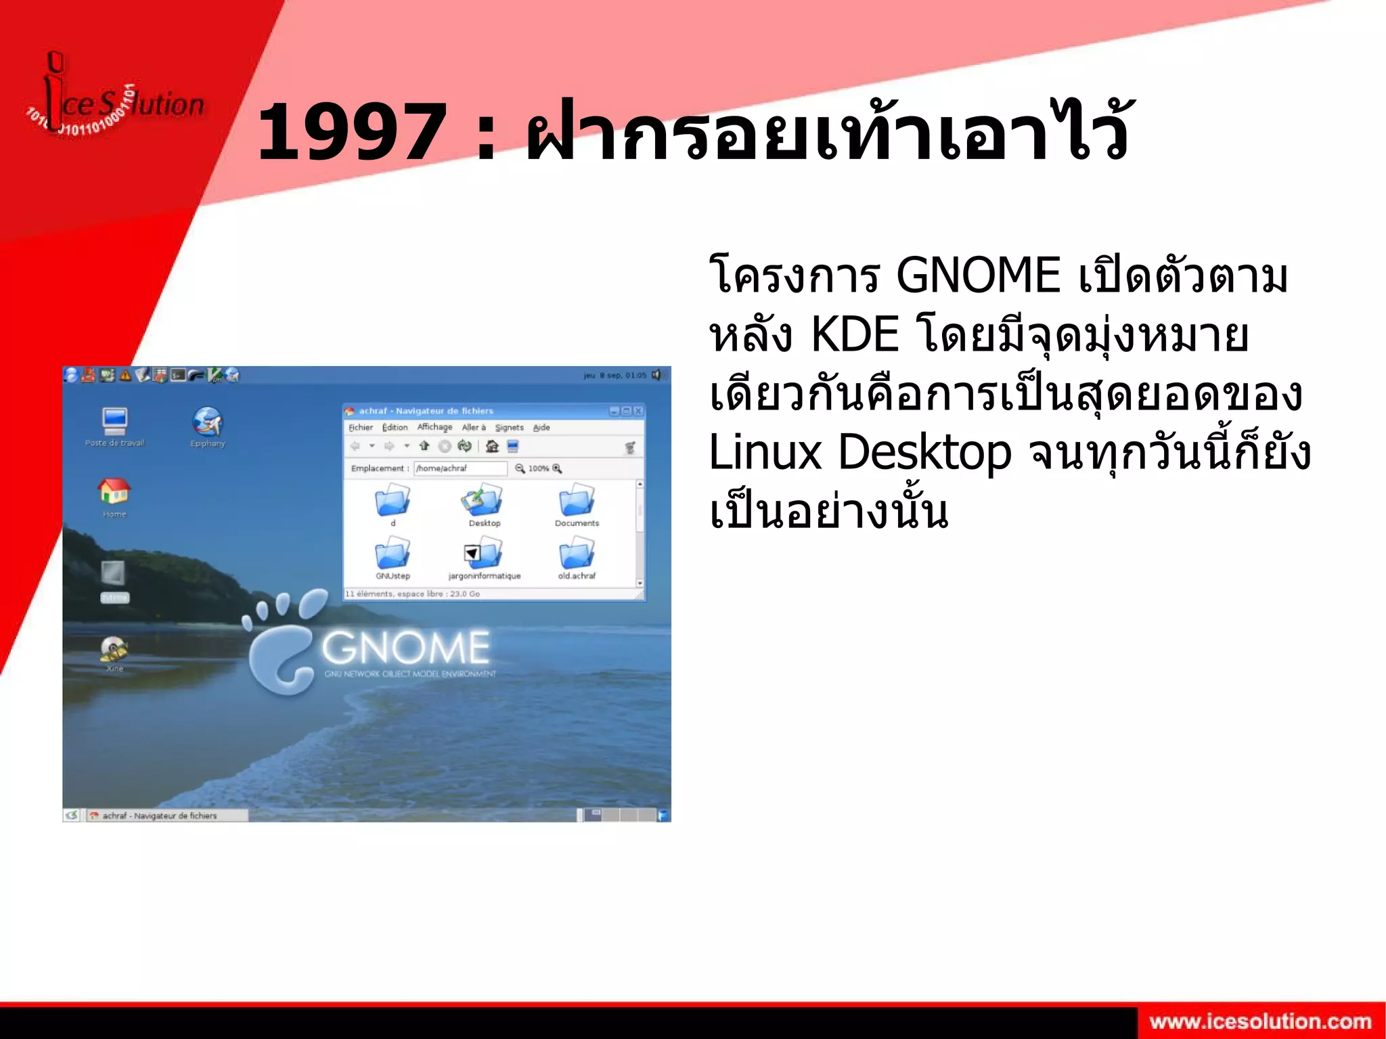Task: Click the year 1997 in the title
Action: [x=352, y=132]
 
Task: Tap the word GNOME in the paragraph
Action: [x=977, y=276]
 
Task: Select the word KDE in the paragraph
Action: [x=854, y=335]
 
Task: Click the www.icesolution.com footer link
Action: [x=1260, y=1021]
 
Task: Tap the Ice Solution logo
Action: [x=115, y=102]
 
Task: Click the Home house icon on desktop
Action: [x=114, y=491]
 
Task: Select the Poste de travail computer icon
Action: [x=114, y=421]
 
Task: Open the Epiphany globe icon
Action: [x=207, y=422]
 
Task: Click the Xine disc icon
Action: [x=114, y=649]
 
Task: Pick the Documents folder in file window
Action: [x=577, y=502]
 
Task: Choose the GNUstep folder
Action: [x=393, y=554]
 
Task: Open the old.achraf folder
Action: [x=577, y=554]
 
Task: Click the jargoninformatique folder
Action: [x=484, y=554]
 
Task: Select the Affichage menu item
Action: [x=434, y=427]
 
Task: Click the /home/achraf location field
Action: [x=460, y=468]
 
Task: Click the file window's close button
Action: [x=638, y=411]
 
